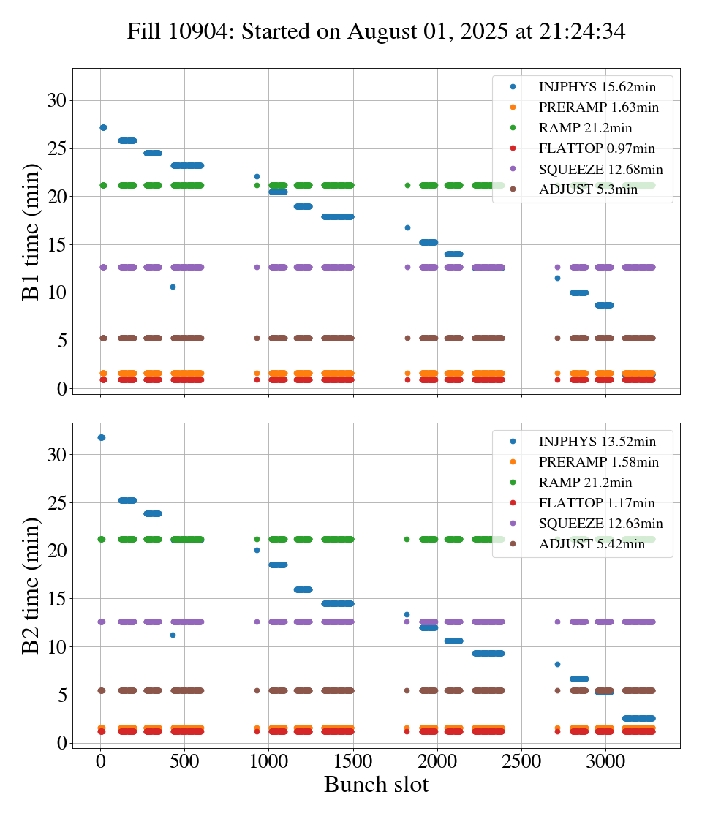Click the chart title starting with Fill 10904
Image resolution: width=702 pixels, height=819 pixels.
(x=376, y=31)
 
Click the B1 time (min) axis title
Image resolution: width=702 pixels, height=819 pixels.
(x=31, y=232)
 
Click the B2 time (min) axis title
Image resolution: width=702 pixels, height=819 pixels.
(x=31, y=586)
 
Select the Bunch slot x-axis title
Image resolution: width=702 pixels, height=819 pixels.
(x=376, y=785)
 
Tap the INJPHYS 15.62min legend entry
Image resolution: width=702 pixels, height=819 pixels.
(x=597, y=87)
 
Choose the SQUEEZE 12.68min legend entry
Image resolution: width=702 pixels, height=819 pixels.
(x=600, y=170)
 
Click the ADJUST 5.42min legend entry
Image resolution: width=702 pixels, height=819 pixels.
(x=591, y=544)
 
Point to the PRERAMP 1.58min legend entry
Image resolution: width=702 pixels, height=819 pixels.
(x=598, y=462)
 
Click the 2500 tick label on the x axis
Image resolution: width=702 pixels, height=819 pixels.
(x=521, y=760)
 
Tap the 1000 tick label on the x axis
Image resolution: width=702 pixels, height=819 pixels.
(x=268, y=760)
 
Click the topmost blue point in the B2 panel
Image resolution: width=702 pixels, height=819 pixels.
(x=101, y=437)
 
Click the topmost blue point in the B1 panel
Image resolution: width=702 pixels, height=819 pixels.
(x=103, y=127)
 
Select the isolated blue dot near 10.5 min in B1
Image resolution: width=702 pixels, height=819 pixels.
(x=173, y=287)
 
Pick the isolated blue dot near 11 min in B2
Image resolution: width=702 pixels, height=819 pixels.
(x=173, y=635)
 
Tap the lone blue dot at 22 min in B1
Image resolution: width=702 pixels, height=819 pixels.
(x=257, y=176)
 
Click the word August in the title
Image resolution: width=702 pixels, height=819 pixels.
(x=380, y=31)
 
